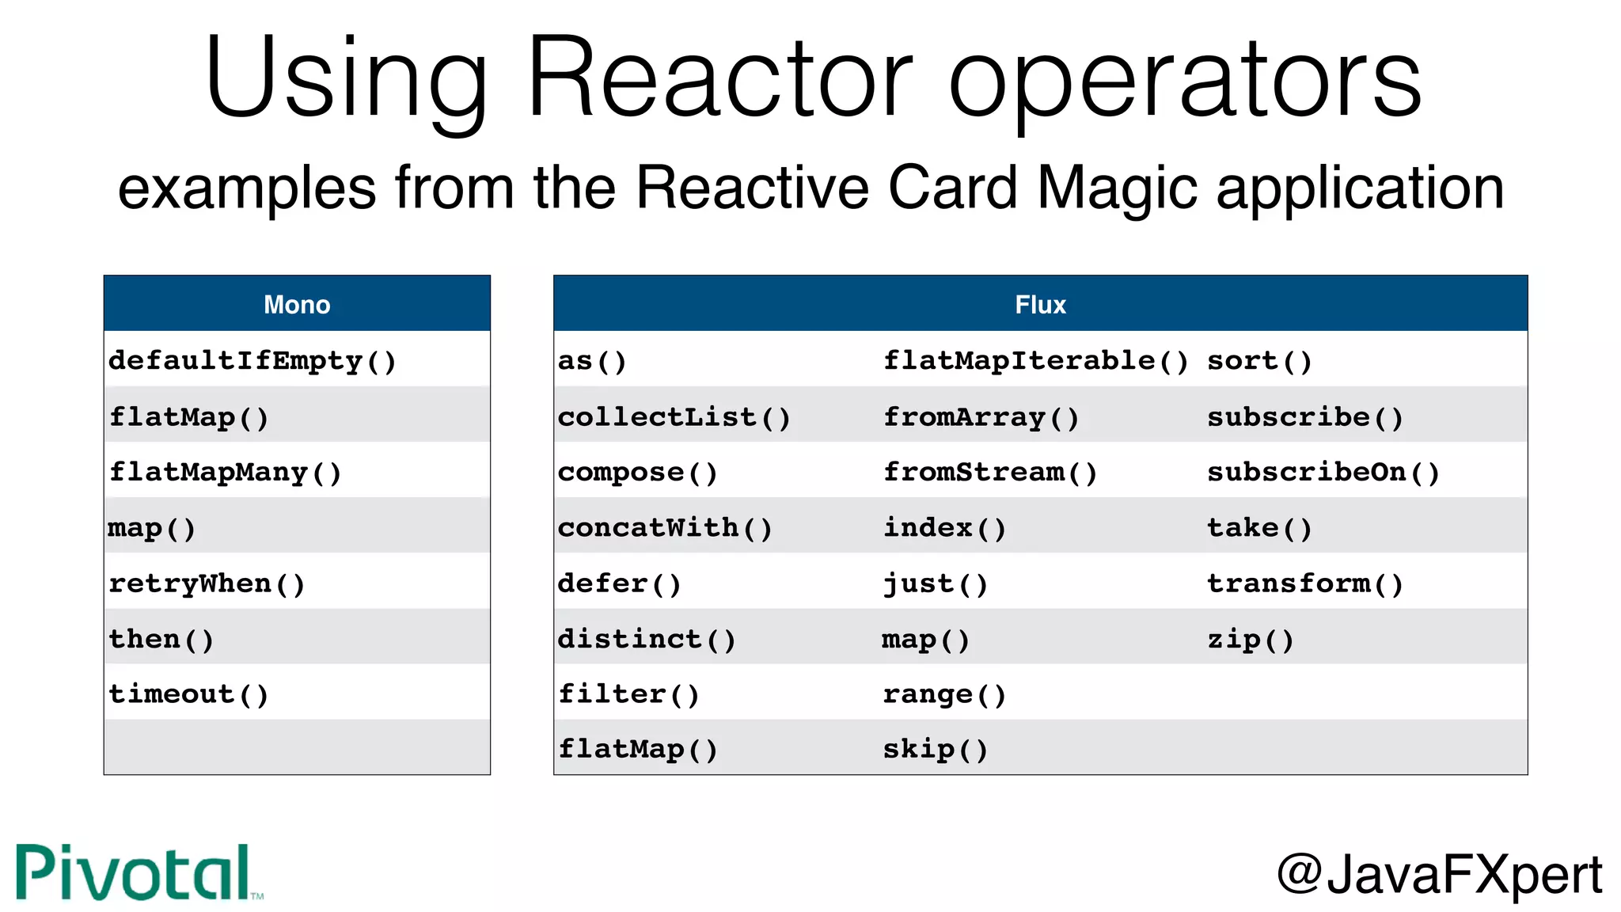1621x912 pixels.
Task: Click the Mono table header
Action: click(x=297, y=305)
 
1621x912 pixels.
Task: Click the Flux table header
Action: click(x=1040, y=305)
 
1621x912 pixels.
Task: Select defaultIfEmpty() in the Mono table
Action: click(x=252, y=361)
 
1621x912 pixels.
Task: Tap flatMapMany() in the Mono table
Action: click(x=226, y=473)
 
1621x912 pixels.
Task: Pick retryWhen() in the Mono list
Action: click(x=207, y=584)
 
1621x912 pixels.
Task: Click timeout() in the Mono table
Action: click(x=189, y=695)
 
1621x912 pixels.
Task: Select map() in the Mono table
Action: click(x=152, y=528)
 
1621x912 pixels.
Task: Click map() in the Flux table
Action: click(x=926, y=640)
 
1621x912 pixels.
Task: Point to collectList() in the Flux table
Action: click(x=674, y=417)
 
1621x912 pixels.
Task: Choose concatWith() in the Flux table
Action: click(x=665, y=528)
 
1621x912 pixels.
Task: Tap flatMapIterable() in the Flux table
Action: click(x=1035, y=361)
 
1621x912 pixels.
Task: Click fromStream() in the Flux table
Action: click(x=990, y=473)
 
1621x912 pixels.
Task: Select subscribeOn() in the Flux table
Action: click(x=1323, y=473)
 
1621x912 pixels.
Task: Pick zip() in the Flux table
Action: click(x=1251, y=640)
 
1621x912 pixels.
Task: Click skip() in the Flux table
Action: click(x=936, y=750)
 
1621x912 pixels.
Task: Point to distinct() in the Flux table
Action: click(x=647, y=640)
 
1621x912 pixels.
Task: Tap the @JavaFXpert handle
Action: click(x=1439, y=875)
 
